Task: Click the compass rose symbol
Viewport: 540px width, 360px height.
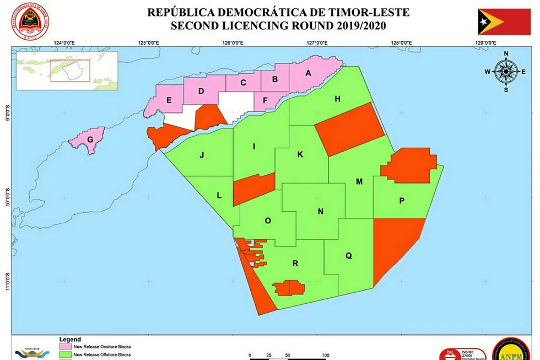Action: (506, 71)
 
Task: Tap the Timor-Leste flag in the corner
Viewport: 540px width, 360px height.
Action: (504, 22)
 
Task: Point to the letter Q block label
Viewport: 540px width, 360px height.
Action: (349, 255)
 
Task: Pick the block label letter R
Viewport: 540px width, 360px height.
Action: (295, 264)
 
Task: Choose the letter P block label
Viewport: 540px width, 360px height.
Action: (402, 201)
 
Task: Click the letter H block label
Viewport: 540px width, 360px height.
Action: (338, 99)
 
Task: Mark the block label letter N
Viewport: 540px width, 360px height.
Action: (321, 211)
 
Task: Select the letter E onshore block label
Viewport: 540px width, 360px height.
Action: (169, 100)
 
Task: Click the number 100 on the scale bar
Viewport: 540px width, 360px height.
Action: (326, 355)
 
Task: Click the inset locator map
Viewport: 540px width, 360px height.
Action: (67, 70)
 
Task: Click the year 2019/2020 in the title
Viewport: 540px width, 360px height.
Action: (343, 25)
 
